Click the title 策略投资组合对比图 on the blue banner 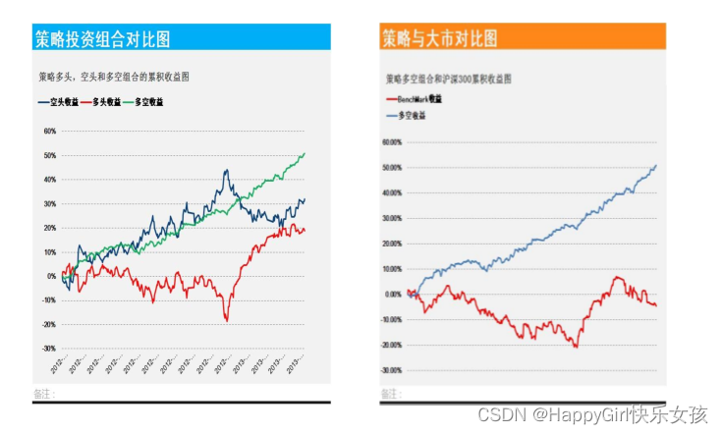coord(103,39)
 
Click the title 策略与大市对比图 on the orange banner coord(439,38)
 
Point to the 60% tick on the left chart coord(49,131)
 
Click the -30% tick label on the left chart coord(48,349)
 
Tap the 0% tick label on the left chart coord(51,276)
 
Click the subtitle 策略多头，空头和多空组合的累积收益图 coord(114,76)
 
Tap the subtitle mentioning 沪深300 coord(448,78)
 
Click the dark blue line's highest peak coord(227,171)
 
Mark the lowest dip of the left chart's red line coord(227,320)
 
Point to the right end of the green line coord(305,153)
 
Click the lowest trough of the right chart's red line coord(576,347)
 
